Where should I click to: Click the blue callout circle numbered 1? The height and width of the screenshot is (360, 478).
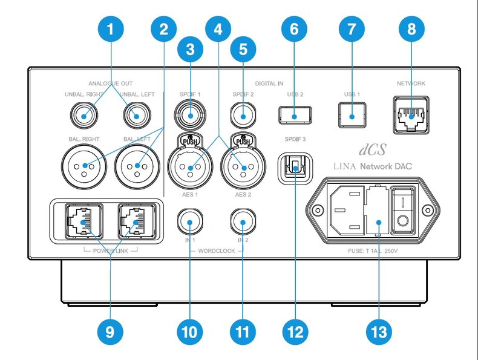coord(111,29)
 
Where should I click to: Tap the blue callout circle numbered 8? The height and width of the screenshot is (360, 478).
coord(411,29)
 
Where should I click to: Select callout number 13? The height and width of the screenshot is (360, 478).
coord(379,332)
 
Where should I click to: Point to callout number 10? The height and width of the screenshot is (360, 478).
coord(189,332)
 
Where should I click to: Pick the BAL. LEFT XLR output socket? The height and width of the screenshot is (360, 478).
coord(137,166)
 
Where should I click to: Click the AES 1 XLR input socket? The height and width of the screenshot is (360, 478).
coord(190,167)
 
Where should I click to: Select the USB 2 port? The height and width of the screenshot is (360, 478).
coord(295,115)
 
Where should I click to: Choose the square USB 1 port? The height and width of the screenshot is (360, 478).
coord(352,115)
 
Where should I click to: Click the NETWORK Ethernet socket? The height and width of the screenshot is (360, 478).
coord(411,115)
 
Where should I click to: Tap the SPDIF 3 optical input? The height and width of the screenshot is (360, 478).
coord(295,168)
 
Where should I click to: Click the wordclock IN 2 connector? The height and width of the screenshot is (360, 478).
coord(243,221)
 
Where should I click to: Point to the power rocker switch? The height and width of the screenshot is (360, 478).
coord(403,211)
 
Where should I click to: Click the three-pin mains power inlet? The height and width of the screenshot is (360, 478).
coord(347,211)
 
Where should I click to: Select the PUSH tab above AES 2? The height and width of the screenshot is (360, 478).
coord(243,141)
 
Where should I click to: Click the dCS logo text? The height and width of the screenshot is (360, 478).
coord(373,149)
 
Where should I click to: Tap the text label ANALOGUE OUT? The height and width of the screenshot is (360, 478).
coord(110,83)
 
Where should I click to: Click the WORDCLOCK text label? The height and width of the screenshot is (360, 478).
coord(217,251)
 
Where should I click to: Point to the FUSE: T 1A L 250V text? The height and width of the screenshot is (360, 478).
coord(373,251)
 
